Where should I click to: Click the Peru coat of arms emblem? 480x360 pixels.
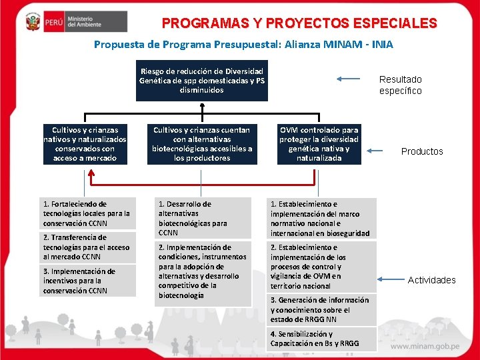point(31,23)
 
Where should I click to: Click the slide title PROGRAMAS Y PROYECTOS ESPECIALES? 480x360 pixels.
point(299,24)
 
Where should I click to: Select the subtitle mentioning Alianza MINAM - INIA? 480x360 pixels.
point(243,45)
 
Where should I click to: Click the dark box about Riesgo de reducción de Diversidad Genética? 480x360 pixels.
point(201,80)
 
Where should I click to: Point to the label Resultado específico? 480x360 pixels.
point(400,85)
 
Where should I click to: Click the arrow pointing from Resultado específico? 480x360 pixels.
point(350,79)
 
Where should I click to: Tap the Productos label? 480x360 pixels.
point(421,151)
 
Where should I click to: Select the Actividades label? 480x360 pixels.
point(431,280)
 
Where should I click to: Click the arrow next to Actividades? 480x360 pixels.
point(389,276)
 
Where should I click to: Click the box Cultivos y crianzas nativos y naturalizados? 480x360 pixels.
point(85,144)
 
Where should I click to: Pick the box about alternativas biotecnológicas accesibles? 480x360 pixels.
point(201,144)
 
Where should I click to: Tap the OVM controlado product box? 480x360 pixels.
point(319,144)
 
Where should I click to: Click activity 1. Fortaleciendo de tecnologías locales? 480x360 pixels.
point(87,213)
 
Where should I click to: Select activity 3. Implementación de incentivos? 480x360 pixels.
point(87,281)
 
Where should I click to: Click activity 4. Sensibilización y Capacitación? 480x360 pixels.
point(322,339)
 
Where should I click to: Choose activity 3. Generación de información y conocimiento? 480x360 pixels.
point(322,310)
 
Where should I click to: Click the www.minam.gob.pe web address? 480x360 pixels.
point(426,347)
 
